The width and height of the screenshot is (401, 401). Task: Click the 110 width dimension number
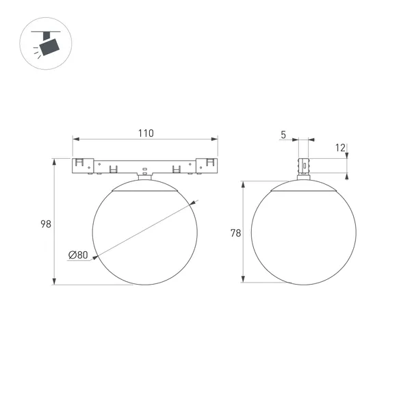click(x=144, y=133)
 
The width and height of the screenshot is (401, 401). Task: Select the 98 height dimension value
click(x=46, y=224)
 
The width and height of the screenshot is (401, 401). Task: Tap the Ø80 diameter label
click(x=78, y=255)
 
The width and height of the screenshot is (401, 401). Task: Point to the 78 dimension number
click(x=235, y=233)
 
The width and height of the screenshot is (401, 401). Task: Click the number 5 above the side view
click(x=283, y=135)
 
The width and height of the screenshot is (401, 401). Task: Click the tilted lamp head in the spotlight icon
click(x=49, y=47)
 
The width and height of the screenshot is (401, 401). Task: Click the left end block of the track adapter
click(x=83, y=166)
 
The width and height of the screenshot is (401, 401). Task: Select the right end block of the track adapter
click(x=207, y=166)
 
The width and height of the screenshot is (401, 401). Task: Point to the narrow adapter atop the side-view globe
click(x=302, y=168)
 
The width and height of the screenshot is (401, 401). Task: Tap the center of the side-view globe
click(x=302, y=233)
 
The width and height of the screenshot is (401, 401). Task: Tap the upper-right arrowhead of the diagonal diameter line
click(x=194, y=203)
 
